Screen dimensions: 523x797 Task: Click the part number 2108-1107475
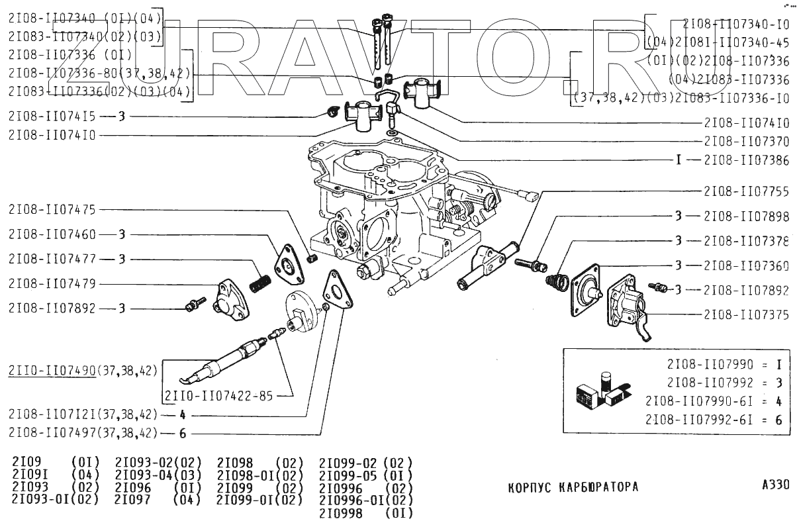52,210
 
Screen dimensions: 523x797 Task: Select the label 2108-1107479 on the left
52,283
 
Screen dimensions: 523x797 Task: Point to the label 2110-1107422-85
218,397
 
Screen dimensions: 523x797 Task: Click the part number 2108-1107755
746,192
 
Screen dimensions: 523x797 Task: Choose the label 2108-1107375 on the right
746,315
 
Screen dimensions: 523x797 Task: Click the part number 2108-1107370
746,141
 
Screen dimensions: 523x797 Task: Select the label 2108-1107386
746,160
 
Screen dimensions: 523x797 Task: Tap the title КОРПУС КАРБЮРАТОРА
573,487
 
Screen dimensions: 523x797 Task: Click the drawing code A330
775,485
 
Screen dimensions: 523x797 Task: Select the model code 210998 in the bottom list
340,513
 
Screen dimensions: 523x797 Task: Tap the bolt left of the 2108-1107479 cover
193,304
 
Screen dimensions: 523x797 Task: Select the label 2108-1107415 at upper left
52,117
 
